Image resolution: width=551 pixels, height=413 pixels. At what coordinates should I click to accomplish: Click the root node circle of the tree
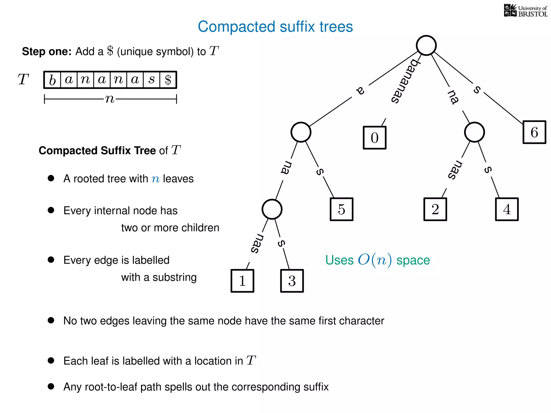(x=426, y=45)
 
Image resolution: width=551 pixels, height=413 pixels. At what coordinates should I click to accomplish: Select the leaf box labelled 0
(x=375, y=138)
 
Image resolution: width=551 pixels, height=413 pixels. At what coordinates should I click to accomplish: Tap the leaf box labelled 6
(x=534, y=132)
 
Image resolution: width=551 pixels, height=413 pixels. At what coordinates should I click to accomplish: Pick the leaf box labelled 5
(x=341, y=209)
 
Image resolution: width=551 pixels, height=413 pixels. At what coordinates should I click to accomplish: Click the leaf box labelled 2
(x=435, y=209)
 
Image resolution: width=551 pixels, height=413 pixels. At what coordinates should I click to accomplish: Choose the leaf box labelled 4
(x=507, y=209)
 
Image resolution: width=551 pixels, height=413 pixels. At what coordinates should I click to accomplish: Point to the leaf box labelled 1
(x=242, y=281)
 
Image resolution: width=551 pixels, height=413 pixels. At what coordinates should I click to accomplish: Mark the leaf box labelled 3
(x=292, y=281)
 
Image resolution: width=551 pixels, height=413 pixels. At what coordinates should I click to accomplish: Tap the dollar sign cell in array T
(x=168, y=80)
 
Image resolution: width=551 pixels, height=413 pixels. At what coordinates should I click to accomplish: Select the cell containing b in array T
(x=52, y=80)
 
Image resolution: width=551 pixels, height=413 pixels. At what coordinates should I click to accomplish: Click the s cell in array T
(x=151, y=80)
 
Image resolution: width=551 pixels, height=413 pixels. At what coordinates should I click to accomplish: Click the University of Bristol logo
(x=525, y=11)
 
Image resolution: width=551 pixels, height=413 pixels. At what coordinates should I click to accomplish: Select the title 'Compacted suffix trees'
(x=275, y=27)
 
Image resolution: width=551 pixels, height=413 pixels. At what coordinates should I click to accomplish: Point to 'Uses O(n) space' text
(x=377, y=260)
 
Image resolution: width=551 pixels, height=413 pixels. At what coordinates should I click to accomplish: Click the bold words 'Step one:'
(x=47, y=51)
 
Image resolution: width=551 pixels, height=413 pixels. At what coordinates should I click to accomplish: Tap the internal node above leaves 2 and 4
(x=474, y=132)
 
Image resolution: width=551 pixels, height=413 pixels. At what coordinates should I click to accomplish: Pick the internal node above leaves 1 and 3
(x=272, y=209)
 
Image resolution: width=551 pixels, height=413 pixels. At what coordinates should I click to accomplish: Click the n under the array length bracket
(x=110, y=99)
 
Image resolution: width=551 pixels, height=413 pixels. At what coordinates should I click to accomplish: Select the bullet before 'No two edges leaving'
(x=51, y=320)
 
